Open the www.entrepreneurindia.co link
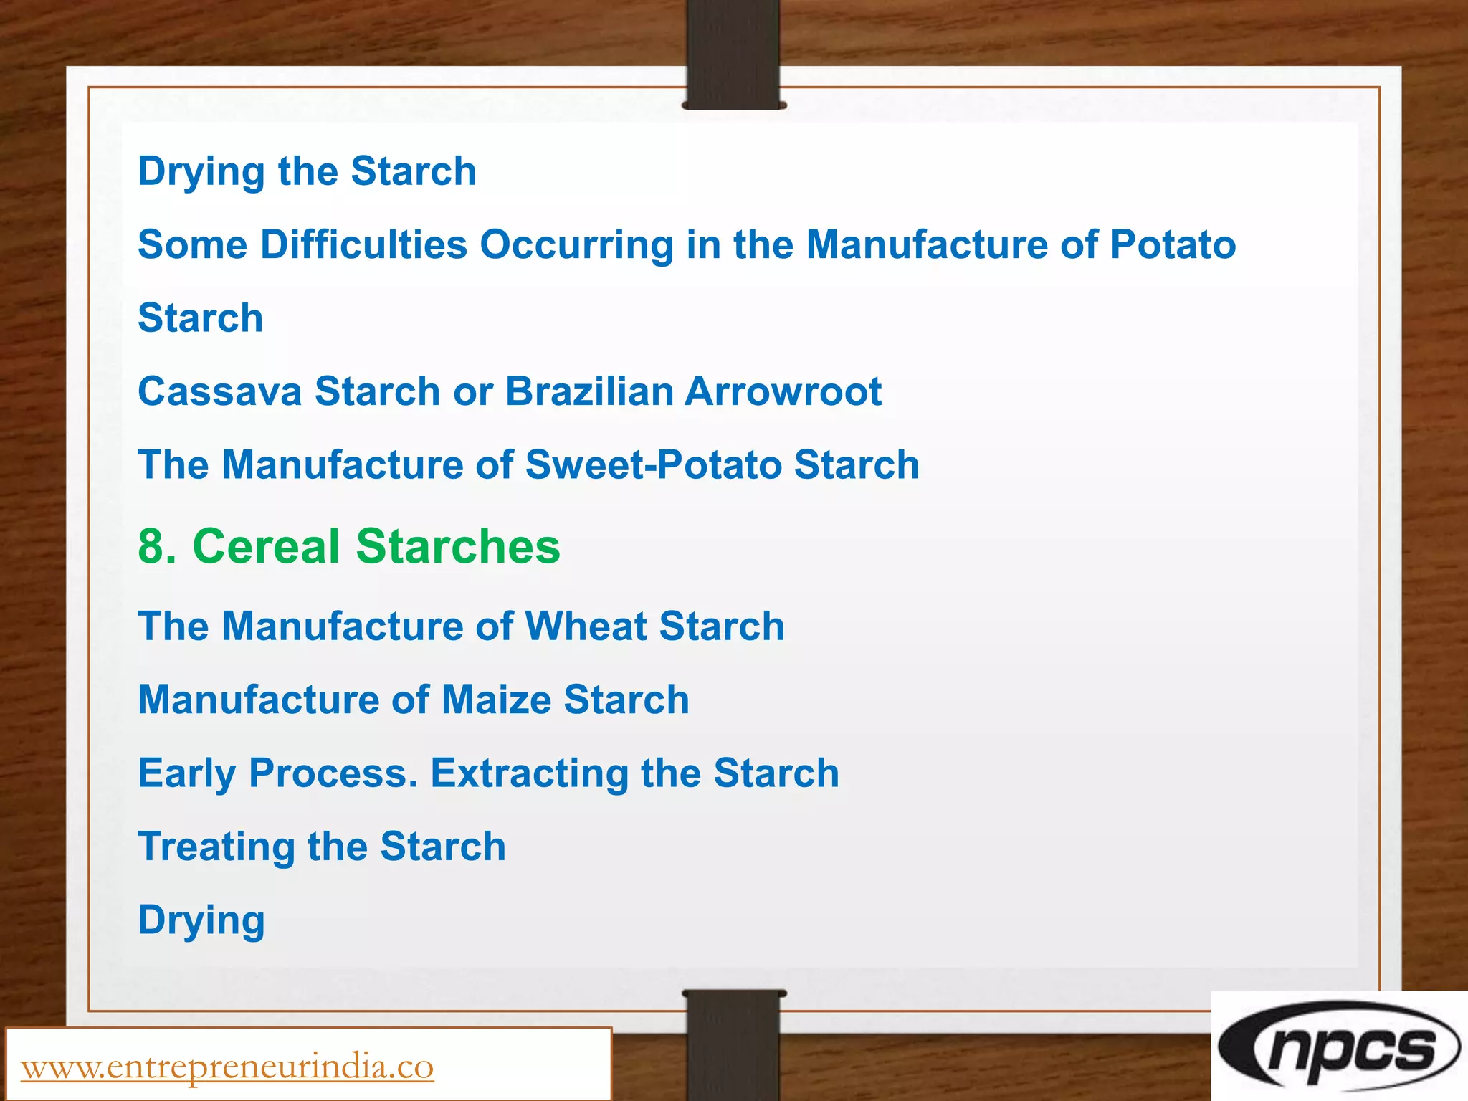(227, 1067)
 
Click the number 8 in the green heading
(151, 546)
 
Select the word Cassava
(219, 391)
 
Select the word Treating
(216, 847)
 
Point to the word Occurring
(576, 244)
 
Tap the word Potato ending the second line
(1173, 244)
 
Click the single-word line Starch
(201, 318)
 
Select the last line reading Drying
(201, 920)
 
